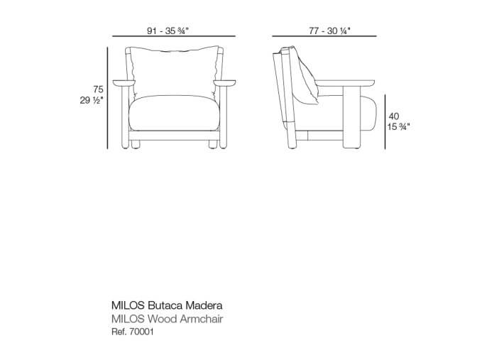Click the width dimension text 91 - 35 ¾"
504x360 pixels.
[168, 31]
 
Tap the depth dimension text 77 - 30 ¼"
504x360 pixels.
[329, 31]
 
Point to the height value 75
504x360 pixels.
[98, 89]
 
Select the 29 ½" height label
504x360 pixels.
[92, 100]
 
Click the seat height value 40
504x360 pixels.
[394, 116]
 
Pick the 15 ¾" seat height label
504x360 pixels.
[398, 126]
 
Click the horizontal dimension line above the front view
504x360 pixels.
[174, 36]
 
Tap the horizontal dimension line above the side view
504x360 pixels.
[324, 36]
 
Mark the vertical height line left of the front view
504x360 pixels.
[107, 98]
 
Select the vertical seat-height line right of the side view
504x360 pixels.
[385, 121]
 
